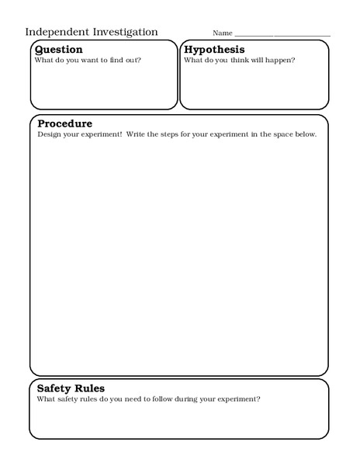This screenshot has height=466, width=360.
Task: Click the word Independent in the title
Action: click(x=55, y=32)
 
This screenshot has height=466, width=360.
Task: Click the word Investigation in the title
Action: click(x=123, y=32)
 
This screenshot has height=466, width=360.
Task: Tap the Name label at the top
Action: click(x=223, y=33)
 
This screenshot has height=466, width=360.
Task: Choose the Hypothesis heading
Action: click(x=214, y=50)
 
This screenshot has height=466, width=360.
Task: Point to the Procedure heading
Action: click(x=65, y=123)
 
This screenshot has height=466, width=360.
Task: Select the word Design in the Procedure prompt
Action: click(x=48, y=134)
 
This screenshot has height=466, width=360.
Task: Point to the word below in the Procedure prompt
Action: click(x=306, y=134)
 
